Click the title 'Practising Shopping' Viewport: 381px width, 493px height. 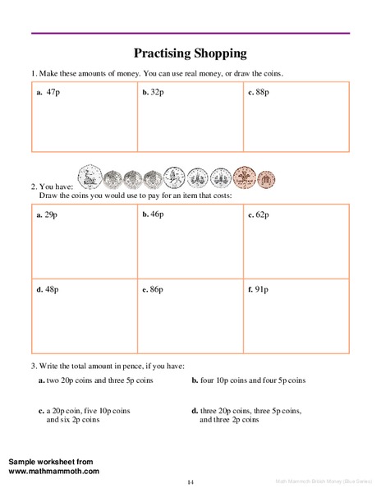[x=190, y=54]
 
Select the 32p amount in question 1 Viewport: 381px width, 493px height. [x=156, y=92]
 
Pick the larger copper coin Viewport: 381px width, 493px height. [x=244, y=177]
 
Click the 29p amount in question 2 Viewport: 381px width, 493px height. [x=50, y=214]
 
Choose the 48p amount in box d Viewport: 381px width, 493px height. [x=50, y=289]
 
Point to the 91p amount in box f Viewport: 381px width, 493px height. [x=261, y=289]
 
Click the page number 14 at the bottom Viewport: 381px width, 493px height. [x=190, y=481]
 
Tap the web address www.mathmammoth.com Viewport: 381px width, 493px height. [x=54, y=471]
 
